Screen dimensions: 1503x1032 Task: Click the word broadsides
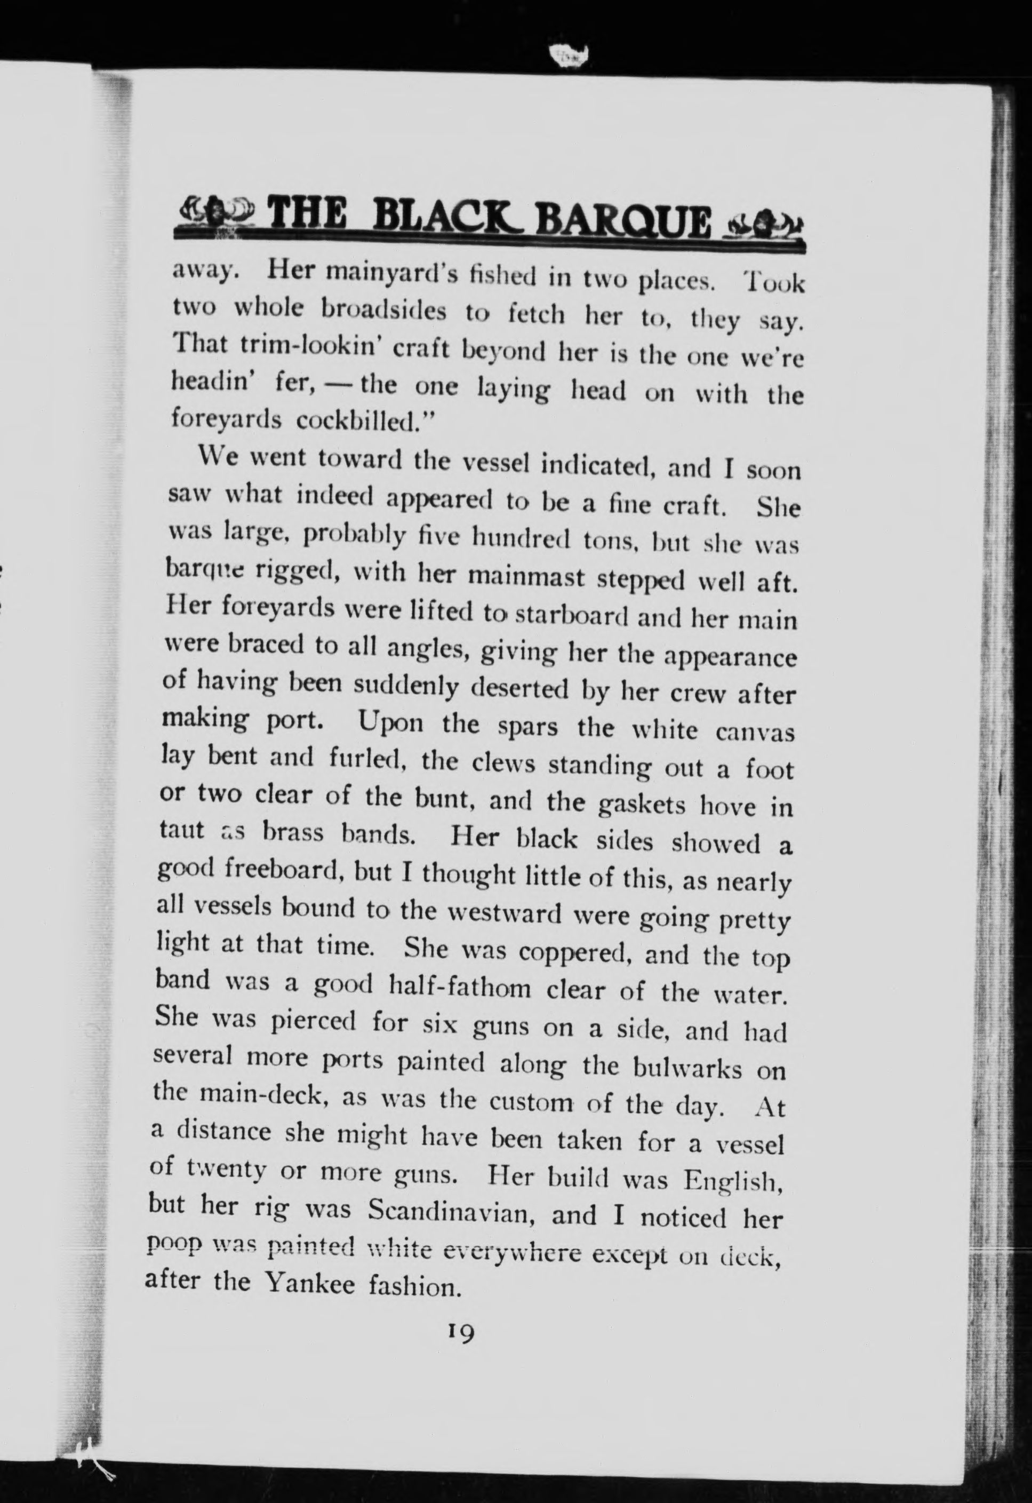pos(384,311)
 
